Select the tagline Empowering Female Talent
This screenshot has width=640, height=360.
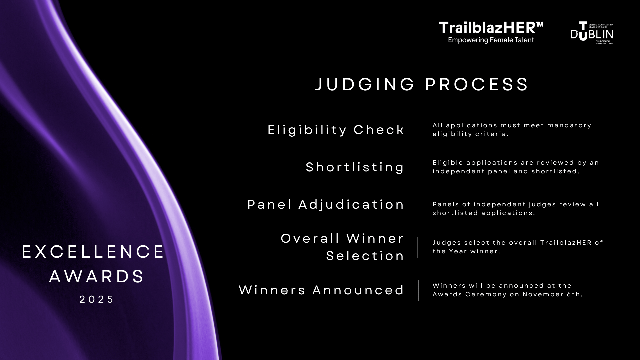[x=491, y=40]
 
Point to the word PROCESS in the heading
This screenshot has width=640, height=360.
[x=477, y=84]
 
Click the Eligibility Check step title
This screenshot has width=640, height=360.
[x=336, y=130]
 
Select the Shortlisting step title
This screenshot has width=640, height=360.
[x=355, y=167]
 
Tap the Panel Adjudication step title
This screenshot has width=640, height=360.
[x=326, y=204]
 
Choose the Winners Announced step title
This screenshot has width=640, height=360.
[x=322, y=290]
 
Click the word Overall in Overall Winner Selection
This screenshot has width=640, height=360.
[x=310, y=238]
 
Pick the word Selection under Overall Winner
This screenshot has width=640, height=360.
[x=365, y=256]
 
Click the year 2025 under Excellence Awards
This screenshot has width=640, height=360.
[x=97, y=299]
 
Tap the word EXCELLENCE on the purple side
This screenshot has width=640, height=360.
[x=93, y=252]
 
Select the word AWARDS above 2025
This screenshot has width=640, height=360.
[x=97, y=276]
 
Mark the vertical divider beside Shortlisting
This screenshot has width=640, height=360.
[x=418, y=167]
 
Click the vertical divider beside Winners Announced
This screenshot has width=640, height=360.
[x=419, y=290]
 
